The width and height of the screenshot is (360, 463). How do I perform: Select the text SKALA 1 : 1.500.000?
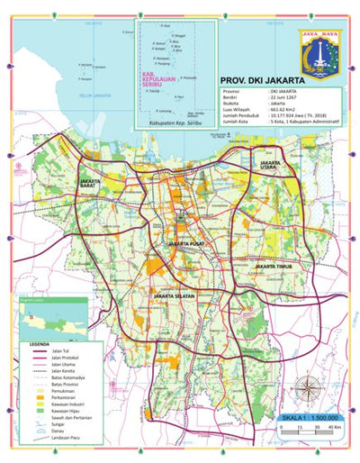coord(307,419)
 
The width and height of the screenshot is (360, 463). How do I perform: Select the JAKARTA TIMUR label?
coord(275,267)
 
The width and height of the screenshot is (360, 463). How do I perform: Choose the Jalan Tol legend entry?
coord(62,352)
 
